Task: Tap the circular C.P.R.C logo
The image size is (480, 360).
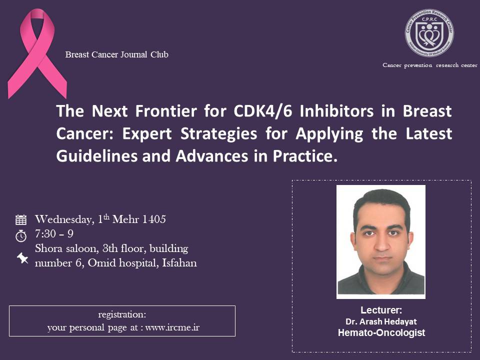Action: click(x=429, y=33)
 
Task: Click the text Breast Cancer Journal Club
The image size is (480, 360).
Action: click(x=116, y=54)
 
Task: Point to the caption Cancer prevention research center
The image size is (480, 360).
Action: click(x=430, y=65)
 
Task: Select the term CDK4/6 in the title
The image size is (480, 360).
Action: click(x=263, y=111)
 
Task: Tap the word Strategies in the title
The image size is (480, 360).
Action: click(x=218, y=134)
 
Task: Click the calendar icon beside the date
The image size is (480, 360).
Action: click(x=21, y=220)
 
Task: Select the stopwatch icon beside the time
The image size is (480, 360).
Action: click(x=21, y=235)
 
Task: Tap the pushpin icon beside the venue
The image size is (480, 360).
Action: click(x=22, y=258)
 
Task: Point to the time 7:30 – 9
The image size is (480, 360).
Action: click(x=54, y=234)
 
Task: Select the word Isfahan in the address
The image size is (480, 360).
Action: click(x=179, y=263)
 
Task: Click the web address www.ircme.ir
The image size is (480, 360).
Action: click(x=172, y=327)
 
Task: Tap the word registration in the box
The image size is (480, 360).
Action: click(x=122, y=314)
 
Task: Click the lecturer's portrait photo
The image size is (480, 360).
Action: click(x=381, y=242)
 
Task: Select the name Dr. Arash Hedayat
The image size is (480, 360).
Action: click(x=381, y=321)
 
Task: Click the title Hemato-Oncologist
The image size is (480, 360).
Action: click(x=381, y=333)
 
